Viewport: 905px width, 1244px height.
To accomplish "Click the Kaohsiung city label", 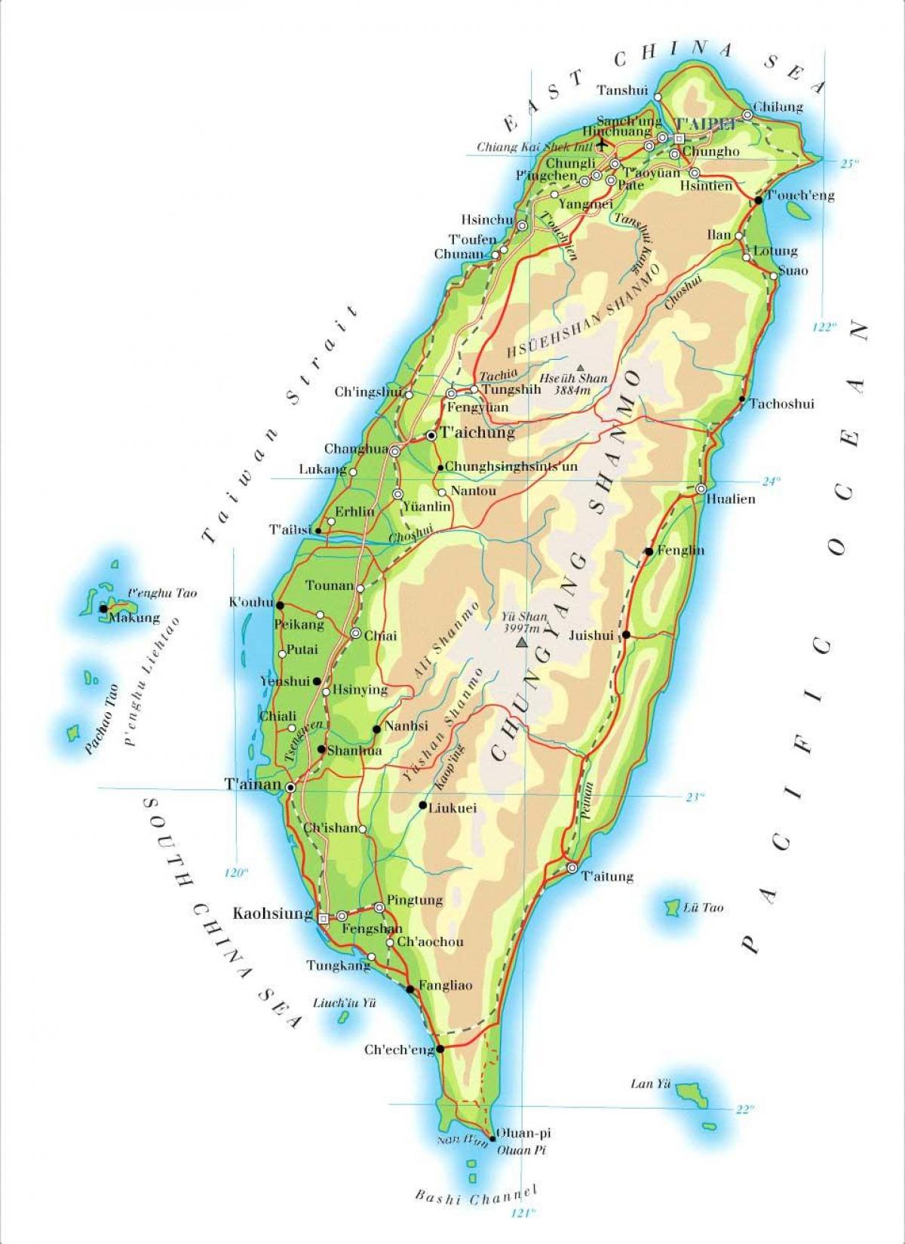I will (x=272, y=914).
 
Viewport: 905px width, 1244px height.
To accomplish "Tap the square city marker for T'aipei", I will (x=679, y=139).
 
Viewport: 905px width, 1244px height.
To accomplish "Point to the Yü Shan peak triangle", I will (x=520, y=644).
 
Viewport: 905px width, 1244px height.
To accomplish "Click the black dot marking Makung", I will (x=103, y=608).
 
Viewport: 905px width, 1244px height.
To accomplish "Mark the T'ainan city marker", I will (x=290, y=787).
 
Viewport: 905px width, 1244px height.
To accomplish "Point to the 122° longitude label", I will (x=825, y=327).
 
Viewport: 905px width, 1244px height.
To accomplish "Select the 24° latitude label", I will (x=770, y=481).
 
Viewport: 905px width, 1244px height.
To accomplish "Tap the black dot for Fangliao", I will (x=410, y=988).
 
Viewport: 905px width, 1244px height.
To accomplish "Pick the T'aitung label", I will (x=607, y=877).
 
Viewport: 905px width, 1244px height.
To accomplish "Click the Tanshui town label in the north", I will (x=622, y=90).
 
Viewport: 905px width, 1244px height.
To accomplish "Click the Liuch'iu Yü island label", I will (x=344, y=1003).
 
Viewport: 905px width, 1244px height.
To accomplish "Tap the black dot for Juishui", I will (x=626, y=634).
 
